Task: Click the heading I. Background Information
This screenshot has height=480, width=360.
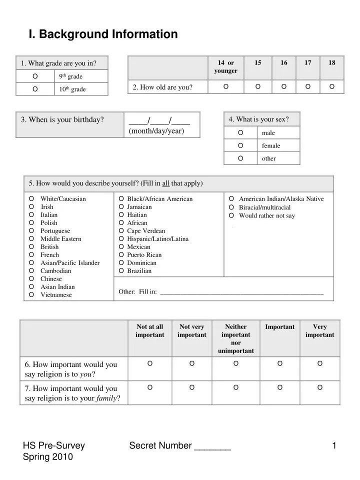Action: tap(103, 34)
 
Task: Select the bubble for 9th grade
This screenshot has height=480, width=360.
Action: tap(35, 76)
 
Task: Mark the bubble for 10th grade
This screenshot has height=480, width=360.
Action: tap(35, 89)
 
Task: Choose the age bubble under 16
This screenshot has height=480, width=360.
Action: tap(284, 87)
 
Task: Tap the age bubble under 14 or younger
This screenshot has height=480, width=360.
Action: tap(226, 87)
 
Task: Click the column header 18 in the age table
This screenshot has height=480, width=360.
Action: tap(332, 62)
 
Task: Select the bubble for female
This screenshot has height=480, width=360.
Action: tap(241, 145)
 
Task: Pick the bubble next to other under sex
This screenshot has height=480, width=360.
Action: tap(241, 158)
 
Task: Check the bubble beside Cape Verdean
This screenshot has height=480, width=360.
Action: tap(121, 231)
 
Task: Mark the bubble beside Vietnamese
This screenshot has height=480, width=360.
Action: tap(31, 295)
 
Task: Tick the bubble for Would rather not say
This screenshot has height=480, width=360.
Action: tap(231, 215)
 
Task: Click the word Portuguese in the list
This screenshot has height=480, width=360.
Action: tap(55, 231)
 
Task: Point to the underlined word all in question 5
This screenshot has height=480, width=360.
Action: tap(165, 183)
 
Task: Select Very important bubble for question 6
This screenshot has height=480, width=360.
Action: tap(320, 363)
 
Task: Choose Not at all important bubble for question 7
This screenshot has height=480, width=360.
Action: tap(150, 387)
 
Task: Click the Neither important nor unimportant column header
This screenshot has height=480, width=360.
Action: tap(235, 338)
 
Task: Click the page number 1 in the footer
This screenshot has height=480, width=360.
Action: tap(334, 445)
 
